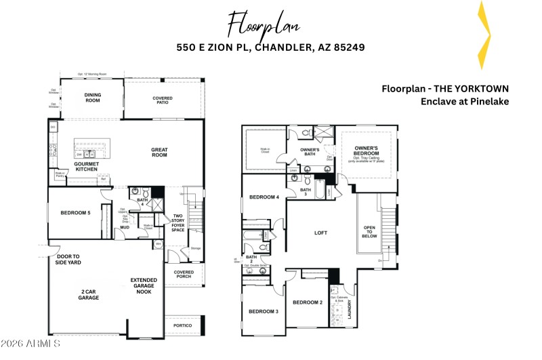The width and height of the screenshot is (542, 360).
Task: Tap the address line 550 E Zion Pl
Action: [270, 47]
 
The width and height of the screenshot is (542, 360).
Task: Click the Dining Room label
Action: [92, 98]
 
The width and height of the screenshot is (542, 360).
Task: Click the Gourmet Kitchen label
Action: [87, 167]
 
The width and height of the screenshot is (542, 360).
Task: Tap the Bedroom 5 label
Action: [75, 213]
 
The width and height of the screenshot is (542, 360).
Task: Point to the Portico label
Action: [183, 326]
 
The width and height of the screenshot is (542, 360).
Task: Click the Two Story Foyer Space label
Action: [178, 222]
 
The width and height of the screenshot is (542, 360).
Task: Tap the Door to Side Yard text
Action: [68, 259]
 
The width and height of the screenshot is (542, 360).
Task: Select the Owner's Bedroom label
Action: [366, 151]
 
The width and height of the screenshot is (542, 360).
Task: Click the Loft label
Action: [321, 232]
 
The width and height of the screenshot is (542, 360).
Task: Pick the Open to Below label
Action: [369, 232]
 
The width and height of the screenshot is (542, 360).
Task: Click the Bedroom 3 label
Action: [264, 311]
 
